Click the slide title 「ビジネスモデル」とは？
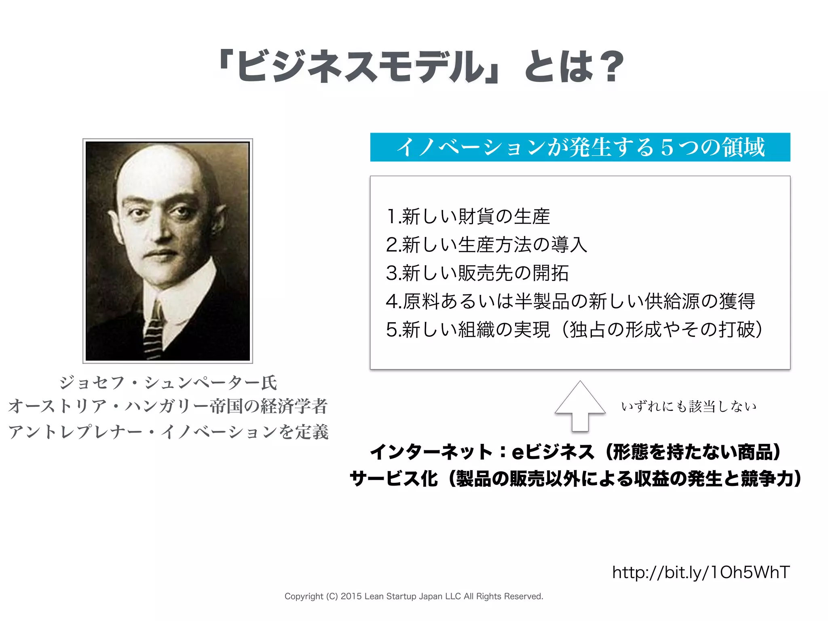(420, 67)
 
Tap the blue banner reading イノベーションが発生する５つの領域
(580, 147)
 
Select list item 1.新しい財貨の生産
(468, 216)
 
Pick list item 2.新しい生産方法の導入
(486, 245)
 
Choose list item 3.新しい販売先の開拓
(477, 273)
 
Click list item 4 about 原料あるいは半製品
(570, 301)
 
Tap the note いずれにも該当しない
(689, 406)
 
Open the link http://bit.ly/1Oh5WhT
(701, 572)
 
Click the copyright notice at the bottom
(414, 596)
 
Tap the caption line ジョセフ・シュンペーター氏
(168, 382)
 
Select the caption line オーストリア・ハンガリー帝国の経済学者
(168, 406)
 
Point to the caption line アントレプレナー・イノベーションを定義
(168, 432)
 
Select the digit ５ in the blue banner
(667, 147)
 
